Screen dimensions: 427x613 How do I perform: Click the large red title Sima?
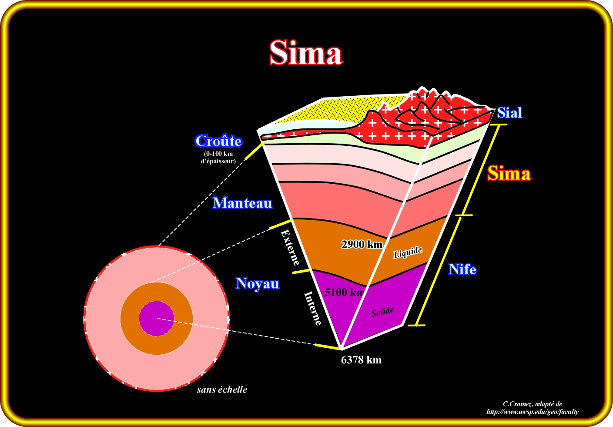tap(305, 53)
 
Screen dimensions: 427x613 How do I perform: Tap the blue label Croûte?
tap(218, 141)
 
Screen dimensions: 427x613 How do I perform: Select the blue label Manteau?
tap(242, 203)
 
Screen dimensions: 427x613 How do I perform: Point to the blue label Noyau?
tap(257, 283)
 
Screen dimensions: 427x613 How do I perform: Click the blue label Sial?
tap(509, 113)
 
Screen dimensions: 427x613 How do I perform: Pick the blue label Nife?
tap(462, 269)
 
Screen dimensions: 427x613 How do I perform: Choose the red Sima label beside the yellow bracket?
tap(509, 174)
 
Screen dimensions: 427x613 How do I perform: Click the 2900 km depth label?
tap(362, 244)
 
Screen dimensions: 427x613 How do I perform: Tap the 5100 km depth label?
tap(344, 292)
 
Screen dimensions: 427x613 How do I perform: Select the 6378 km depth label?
tap(361, 360)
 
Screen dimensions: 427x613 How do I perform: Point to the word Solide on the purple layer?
tap(382, 312)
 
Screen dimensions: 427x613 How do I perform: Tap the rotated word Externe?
tap(291, 247)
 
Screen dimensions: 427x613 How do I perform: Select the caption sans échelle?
tap(222, 390)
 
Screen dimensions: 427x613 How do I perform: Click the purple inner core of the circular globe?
tap(156, 318)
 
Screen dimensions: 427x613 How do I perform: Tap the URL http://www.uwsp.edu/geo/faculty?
tap(533, 412)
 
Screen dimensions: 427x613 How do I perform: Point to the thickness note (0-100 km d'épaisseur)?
tap(218, 157)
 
